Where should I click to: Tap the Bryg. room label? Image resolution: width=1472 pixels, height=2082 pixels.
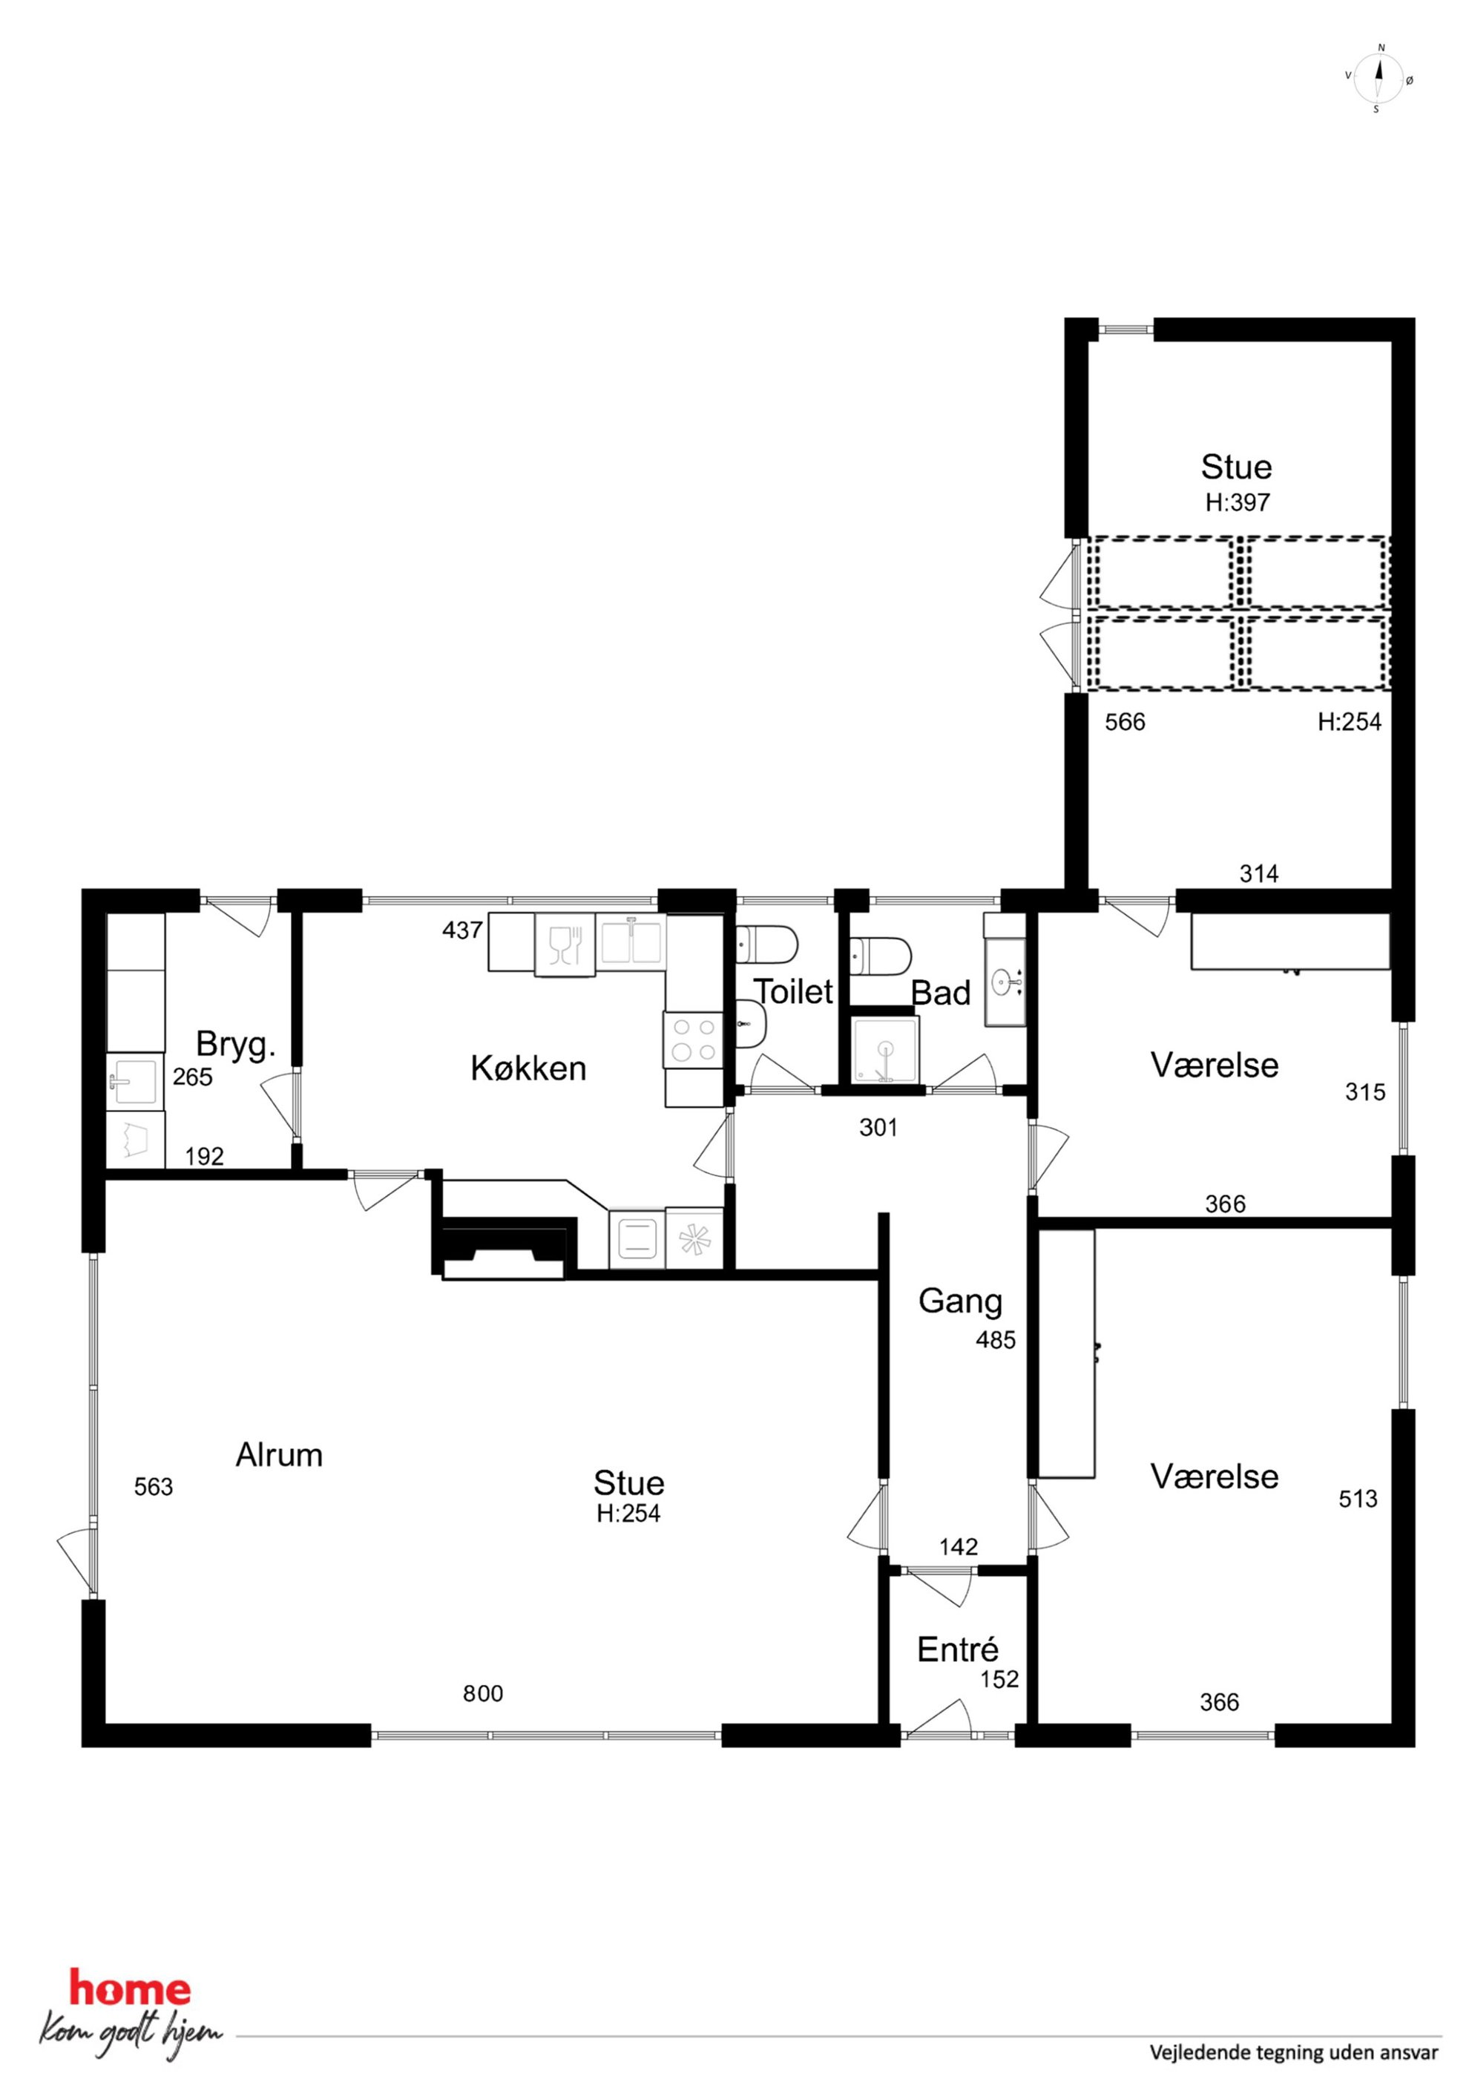(x=236, y=1045)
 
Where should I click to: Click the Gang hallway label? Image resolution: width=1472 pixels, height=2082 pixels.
(x=961, y=1302)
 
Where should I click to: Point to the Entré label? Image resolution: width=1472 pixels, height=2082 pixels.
(x=958, y=1649)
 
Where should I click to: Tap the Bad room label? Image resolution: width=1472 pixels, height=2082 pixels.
(x=941, y=993)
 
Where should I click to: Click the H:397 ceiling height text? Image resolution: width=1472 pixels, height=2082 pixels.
(x=1237, y=502)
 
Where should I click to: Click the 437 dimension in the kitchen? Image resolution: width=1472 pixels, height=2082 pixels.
(x=461, y=930)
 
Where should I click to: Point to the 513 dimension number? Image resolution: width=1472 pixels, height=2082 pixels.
(x=1358, y=1499)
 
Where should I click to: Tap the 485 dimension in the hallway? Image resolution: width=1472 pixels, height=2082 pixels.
(x=996, y=1339)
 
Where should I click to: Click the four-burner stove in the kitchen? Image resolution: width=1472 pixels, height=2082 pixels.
(x=694, y=1040)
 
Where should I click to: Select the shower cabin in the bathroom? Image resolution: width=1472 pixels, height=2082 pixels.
(x=885, y=1050)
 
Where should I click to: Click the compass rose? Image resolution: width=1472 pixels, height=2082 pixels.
(x=1379, y=78)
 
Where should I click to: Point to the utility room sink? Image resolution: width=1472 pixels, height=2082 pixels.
(x=135, y=1081)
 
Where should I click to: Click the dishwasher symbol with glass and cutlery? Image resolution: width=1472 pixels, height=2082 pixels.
(x=565, y=945)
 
